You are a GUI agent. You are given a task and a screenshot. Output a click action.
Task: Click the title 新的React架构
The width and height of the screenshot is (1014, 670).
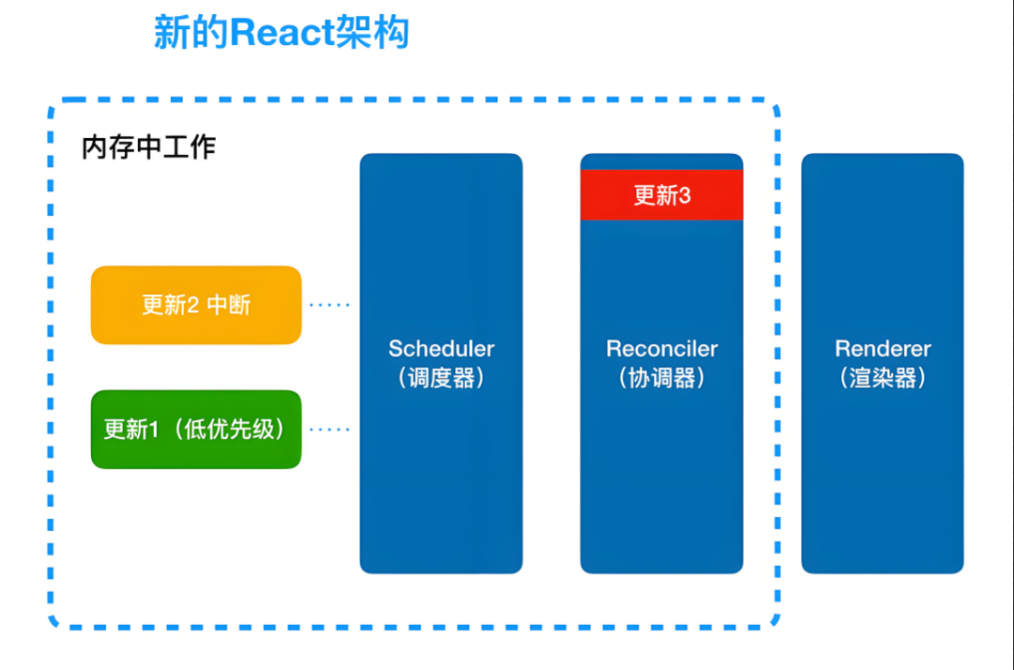click(x=282, y=34)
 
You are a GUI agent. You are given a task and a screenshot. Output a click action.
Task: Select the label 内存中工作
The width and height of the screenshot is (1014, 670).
click(x=148, y=148)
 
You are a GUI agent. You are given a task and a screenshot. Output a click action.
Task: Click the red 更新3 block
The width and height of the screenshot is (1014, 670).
click(x=661, y=195)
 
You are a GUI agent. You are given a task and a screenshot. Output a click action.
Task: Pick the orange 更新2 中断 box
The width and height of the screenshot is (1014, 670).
click(x=196, y=304)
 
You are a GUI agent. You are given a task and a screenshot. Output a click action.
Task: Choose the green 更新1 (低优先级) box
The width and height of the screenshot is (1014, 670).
click(x=196, y=429)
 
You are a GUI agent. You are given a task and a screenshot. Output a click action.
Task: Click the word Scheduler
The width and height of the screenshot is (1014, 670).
click(x=441, y=349)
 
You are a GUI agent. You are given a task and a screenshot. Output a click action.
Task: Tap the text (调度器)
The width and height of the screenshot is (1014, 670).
click(x=441, y=378)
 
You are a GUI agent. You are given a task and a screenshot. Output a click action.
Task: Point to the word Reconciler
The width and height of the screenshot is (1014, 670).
click(x=662, y=349)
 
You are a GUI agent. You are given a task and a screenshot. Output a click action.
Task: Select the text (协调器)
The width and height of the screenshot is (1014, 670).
click(x=662, y=378)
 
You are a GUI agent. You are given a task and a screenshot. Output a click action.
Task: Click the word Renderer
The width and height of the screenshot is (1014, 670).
click(x=883, y=349)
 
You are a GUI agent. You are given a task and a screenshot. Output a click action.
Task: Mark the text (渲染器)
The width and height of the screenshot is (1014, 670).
click(x=883, y=378)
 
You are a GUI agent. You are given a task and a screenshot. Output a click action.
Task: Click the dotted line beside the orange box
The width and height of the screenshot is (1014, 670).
click(x=330, y=304)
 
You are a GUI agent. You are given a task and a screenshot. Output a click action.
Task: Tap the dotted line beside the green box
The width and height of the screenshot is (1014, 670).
click(x=330, y=429)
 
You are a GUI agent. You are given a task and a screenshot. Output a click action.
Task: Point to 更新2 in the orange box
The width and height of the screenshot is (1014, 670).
click(x=169, y=304)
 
